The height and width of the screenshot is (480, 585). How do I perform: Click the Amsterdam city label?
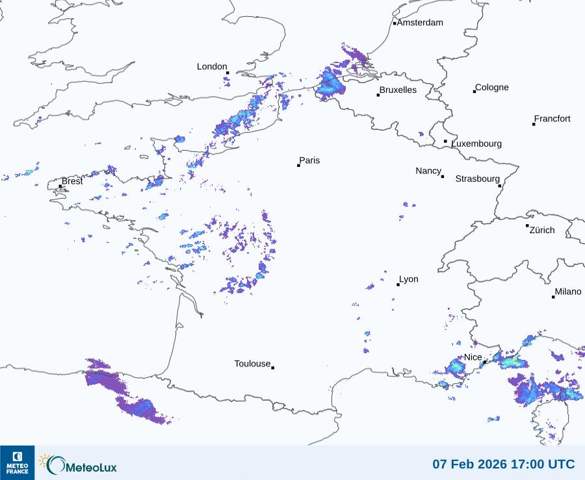(420, 23)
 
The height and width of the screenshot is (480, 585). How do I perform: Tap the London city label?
(212, 67)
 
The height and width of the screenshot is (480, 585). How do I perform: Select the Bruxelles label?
(398, 90)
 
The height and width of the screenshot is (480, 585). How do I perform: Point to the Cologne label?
(492, 88)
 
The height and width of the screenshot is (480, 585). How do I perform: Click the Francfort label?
(552, 119)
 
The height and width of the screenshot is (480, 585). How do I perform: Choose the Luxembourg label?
(476, 144)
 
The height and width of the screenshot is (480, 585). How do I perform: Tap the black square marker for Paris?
(298, 166)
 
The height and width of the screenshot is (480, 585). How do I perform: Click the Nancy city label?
(428, 171)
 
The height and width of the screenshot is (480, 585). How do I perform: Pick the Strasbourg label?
(478, 179)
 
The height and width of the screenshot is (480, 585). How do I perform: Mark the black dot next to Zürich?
(527, 225)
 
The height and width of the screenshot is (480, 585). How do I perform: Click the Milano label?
(568, 292)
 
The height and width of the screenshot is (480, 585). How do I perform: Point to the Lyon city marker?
(398, 284)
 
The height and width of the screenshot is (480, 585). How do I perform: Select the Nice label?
(473, 358)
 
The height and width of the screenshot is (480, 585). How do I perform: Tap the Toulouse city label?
(252, 364)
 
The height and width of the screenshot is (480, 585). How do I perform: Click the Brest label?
(72, 181)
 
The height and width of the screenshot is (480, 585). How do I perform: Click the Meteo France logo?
(17, 462)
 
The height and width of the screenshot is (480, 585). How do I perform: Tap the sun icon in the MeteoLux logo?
(44, 461)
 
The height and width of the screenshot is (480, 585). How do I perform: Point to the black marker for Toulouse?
(272, 368)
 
